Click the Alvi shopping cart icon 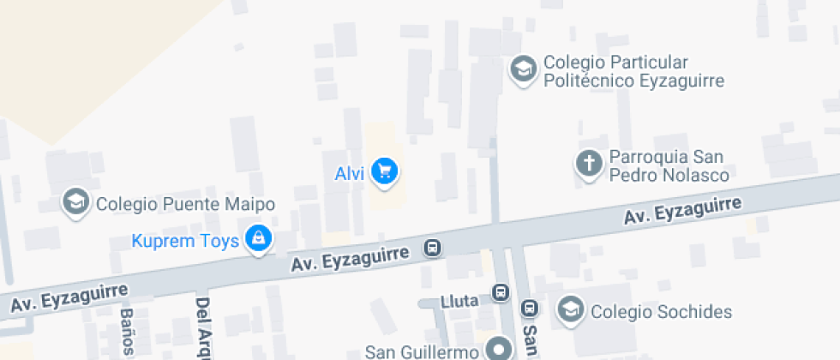pyautogui.click(x=385, y=171)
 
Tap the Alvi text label pyautogui.click(x=350, y=174)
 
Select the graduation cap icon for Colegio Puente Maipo pyautogui.click(x=76, y=202)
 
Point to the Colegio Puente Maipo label pyautogui.click(x=185, y=204)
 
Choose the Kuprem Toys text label pyautogui.click(x=185, y=241)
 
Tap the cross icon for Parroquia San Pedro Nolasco pyautogui.click(x=589, y=164)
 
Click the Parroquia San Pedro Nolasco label pyautogui.click(x=669, y=166)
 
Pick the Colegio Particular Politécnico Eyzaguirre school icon pyautogui.click(x=522, y=69)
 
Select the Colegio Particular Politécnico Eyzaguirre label pyautogui.click(x=633, y=72)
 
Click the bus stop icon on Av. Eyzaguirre pyautogui.click(x=433, y=249)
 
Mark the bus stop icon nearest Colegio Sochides pyautogui.click(x=531, y=309)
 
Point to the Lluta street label pyautogui.click(x=458, y=301)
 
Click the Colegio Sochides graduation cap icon pyautogui.click(x=570, y=309)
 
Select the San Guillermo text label pyautogui.click(x=421, y=351)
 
